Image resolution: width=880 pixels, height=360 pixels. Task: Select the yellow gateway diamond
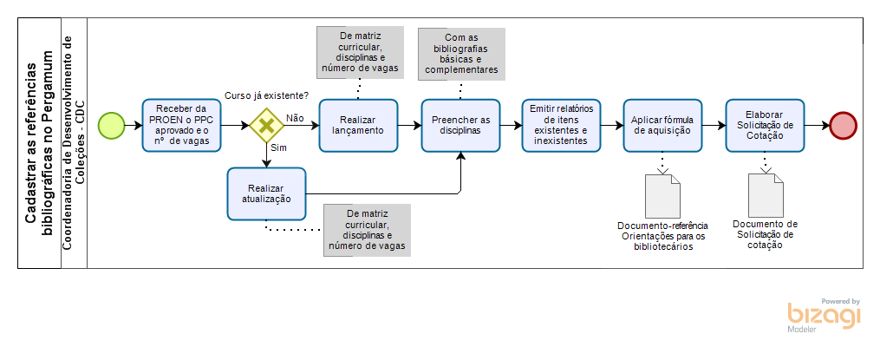tap(267, 126)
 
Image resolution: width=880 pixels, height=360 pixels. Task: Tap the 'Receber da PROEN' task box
tap(182, 126)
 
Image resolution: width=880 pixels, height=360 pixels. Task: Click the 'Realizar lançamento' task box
tap(358, 126)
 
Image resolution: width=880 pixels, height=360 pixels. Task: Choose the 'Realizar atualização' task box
tap(267, 193)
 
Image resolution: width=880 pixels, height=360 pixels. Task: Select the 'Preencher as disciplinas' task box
tap(460, 126)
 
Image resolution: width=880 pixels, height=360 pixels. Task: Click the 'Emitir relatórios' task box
tap(560, 126)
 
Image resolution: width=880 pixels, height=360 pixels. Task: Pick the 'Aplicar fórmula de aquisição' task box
tap(662, 126)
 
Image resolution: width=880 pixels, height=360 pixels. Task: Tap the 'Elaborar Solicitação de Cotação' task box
tap(764, 126)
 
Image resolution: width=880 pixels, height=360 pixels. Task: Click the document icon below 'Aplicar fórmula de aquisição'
tap(663, 195)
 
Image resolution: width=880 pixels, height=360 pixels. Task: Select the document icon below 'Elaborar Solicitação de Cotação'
tap(765, 195)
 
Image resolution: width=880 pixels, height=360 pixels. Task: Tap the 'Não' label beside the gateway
tap(294, 117)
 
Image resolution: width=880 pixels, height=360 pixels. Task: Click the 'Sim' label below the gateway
tap(279, 148)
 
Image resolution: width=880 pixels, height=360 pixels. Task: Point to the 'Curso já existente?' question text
tap(266, 95)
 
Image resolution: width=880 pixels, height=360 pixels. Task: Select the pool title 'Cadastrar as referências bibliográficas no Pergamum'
tap(40, 143)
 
